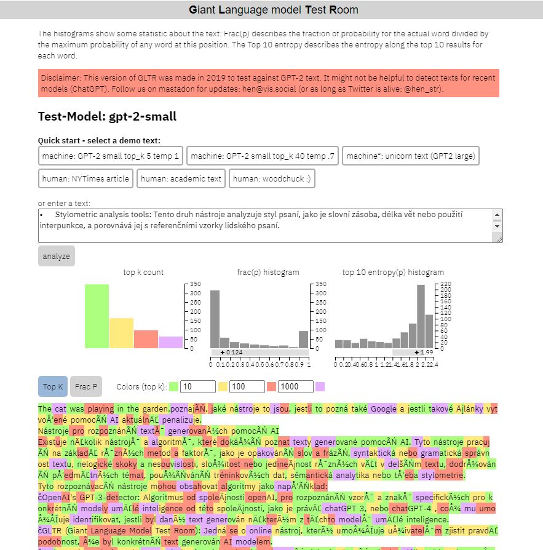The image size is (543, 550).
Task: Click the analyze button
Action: point(57,256)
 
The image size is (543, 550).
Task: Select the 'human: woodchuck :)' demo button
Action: point(272,179)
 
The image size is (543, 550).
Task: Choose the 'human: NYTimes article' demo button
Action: point(85,179)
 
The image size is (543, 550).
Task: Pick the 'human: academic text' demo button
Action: point(181,179)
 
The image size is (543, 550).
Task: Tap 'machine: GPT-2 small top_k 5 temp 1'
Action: point(111,156)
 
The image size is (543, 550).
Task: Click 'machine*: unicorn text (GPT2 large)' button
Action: point(410,156)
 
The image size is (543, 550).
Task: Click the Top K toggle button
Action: point(53,387)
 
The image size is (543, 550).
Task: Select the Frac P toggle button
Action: point(86,387)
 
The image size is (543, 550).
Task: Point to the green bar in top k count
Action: point(97,316)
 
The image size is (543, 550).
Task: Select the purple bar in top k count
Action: point(170,342)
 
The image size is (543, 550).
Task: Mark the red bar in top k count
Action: point(146,339)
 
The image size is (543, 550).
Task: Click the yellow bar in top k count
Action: point(121,333)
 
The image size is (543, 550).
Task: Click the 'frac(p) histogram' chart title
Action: point(268,272)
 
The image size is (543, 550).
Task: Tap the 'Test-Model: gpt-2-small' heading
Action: point(107,116)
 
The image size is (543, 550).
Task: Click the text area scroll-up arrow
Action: point(497,215)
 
